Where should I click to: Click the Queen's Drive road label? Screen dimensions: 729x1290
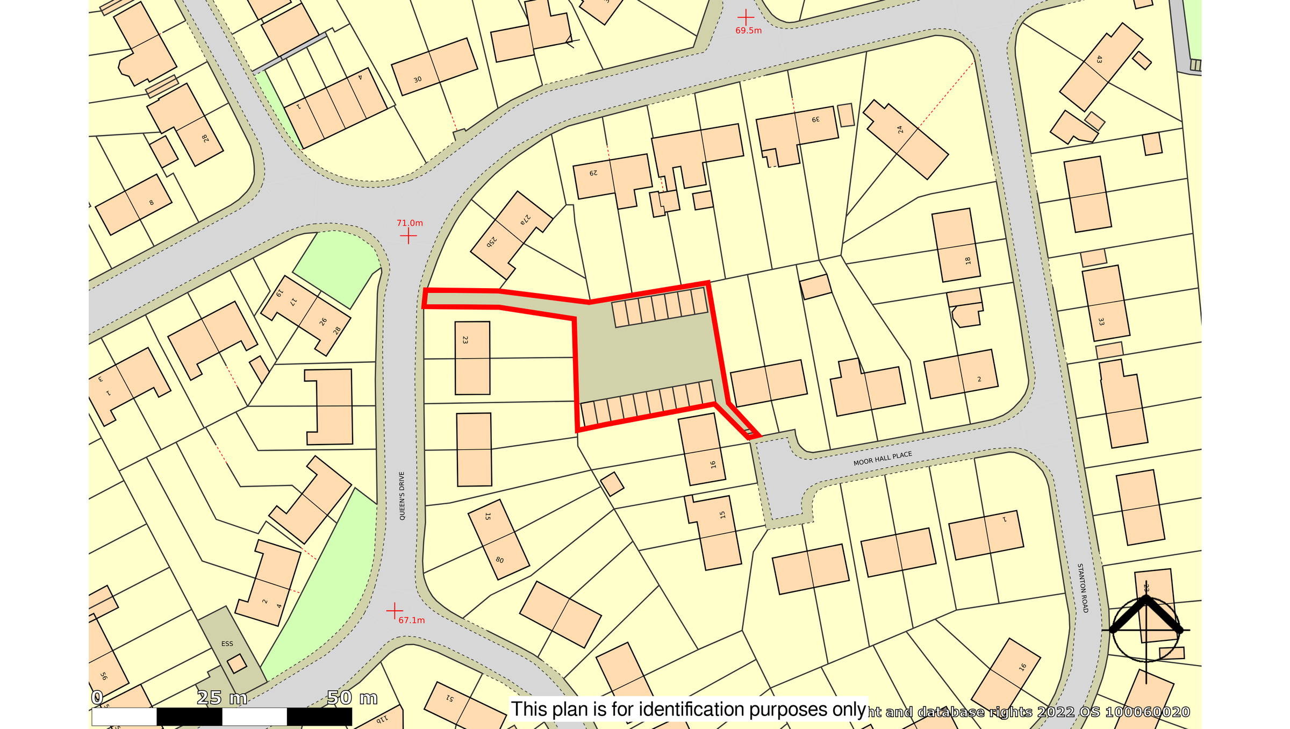(x=402, y=496)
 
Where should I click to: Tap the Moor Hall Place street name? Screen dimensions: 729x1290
(x=883, y=459)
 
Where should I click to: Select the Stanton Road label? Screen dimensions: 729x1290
(x=1083, y=588)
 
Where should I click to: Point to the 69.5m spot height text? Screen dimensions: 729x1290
(x=748, y=31)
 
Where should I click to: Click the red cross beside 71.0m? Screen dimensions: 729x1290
(x=408, y=236)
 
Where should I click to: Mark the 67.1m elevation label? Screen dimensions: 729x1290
(x=411, y=620)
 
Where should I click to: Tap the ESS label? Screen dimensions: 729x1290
(x=227, y=644)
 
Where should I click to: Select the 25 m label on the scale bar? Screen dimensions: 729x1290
(x=222, y=698)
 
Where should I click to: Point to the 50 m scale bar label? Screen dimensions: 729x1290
(x=352, y=698)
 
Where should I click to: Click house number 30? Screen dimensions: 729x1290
(x=418, y=80)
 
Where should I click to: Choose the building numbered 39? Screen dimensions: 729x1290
(x=816, y=119)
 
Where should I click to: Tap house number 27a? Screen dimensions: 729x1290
(x=525, y=219)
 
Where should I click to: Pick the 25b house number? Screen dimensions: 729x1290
(x=492, y=242)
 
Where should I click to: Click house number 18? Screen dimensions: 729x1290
(x=968, y=261)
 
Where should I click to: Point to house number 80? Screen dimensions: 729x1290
(x=499, y=560)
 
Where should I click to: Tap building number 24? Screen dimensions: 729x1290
(x=900, y=130)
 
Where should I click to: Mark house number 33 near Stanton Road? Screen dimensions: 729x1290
(x=1101, y=321)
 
